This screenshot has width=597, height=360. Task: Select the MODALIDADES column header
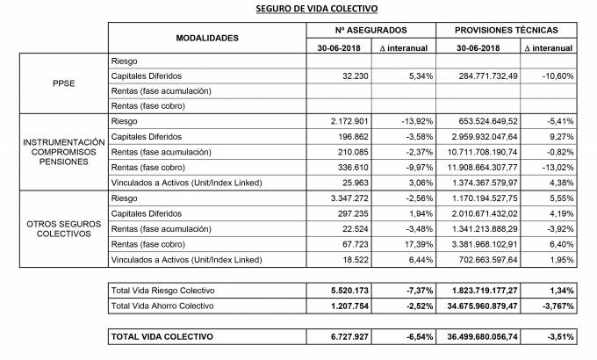click(x=207, y=39)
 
